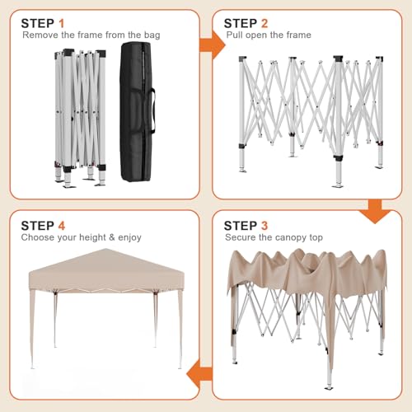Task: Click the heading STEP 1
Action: click(x=49, y=22)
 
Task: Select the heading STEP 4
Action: click(x=49, y=224)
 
